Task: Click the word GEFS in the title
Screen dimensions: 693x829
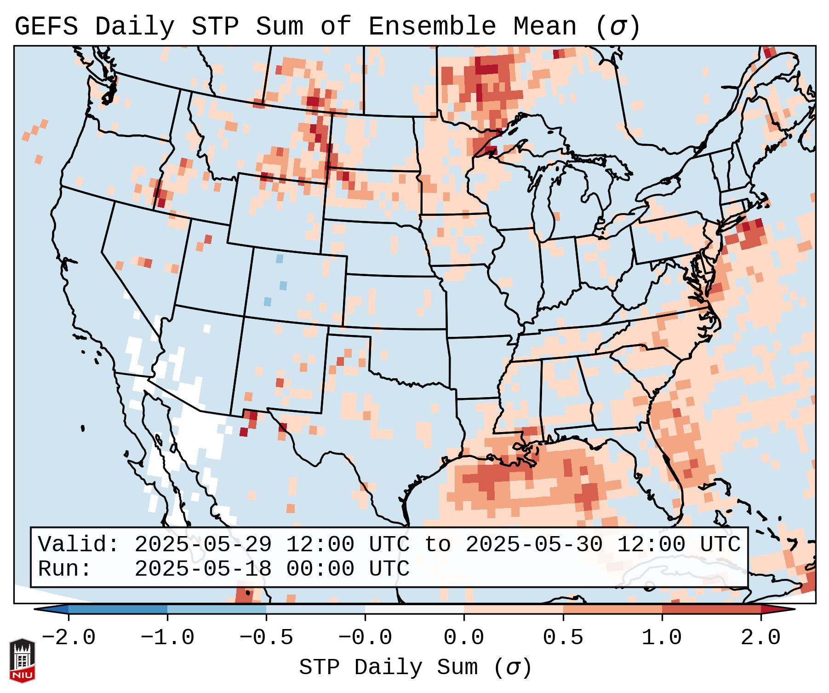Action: pyautogui.click(x=46, y=27)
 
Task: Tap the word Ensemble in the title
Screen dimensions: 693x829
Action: pyautogui.click(x=432, y=27)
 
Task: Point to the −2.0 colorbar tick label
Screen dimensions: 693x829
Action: pyautogui.click(x=69, y=638)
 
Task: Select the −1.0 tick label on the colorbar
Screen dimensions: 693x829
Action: pyautogui.click(x=167, y=638)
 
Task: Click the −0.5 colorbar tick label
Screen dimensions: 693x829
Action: pyautogui.click(x=266, y=638)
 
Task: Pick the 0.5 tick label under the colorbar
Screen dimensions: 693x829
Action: pyautogui.click(x=563, y=638)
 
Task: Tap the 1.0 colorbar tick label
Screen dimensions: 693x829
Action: pyautogui.click(x=662, y=638)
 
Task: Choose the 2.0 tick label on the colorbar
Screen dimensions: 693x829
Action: pyautogui.click(x=760, y=638)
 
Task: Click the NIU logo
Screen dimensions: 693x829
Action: pyautogui.click(x=22, y=660)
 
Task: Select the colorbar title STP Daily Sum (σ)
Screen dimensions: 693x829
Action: pyautogui.click(x=415, y=668)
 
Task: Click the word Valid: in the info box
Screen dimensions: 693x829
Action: pyautogui.click(x=79, y=545)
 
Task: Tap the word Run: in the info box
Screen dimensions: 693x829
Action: pyautogui.click(x=64, y=569)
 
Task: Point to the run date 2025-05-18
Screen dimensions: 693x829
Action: pyautogui.click(x=203, y=569)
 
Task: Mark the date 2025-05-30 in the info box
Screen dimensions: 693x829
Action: pyautogui.click(x=534, y=545)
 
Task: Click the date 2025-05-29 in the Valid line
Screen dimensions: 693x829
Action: pyautogui.click(x=203, y=545)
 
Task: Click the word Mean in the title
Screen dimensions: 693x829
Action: pyautogui.click(x=544, y=27)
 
